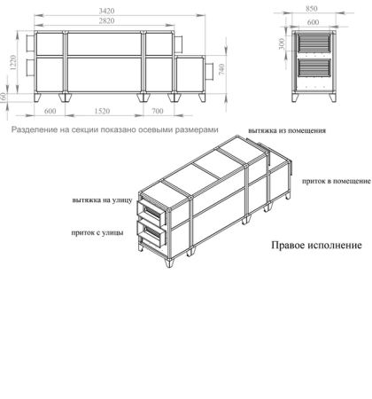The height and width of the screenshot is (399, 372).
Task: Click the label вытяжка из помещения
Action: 286,129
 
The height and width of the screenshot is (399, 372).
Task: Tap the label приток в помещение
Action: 336,180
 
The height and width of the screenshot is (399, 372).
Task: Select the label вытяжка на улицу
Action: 103,200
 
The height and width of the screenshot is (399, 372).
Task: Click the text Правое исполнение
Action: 311,246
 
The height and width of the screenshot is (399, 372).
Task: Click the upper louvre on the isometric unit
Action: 152,213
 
